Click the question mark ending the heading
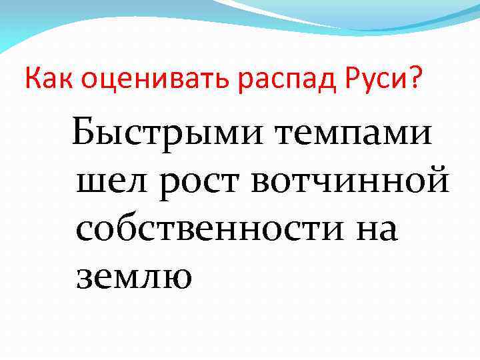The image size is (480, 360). pyautogui.click(x=414, y=79)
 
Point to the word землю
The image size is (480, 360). pyautogui.click(x=134, y=275)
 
